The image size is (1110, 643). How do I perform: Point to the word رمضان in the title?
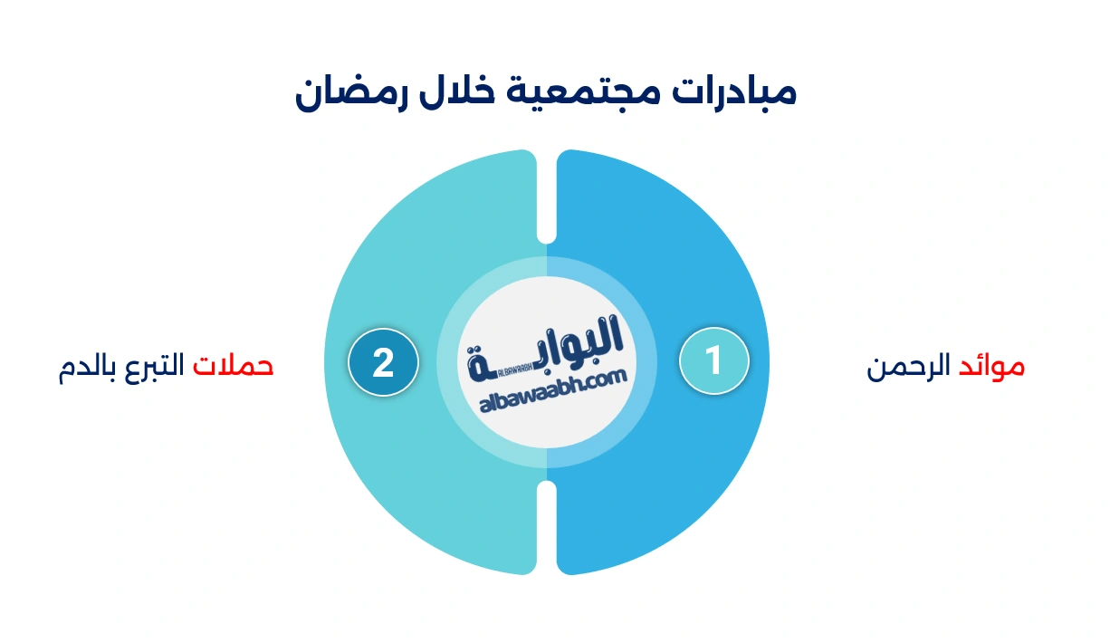tap(342, 94)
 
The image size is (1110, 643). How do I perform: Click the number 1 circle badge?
tap(713, 360)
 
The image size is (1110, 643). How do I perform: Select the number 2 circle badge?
tap(383, 362)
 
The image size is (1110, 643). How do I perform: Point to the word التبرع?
tap(150, 366)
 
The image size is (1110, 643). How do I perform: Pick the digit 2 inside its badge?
tap(383, 362)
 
